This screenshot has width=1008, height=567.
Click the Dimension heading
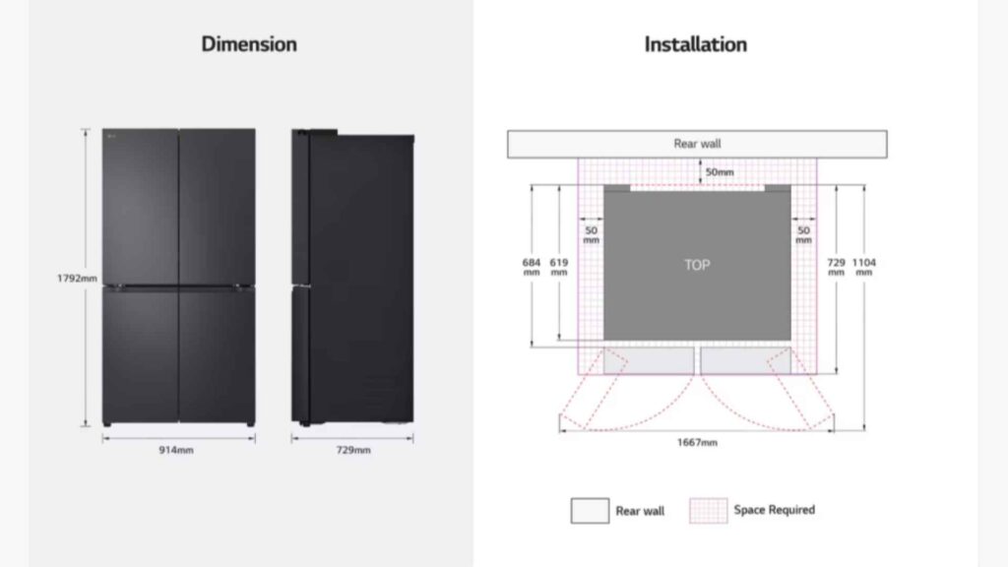click(x=249, y=44)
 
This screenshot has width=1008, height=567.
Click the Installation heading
click(x=695, y=44)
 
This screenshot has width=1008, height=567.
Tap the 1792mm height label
click(x=76, y=279)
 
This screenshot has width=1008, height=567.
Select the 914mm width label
click(x=177, y=450)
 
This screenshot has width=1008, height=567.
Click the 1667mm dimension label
click(x=697, y=442)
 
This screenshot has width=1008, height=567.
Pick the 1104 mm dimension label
click(x=863, y=267)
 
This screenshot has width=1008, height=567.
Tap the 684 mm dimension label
click(x=532, y=267)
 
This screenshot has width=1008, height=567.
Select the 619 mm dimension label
click(x=559, y=267)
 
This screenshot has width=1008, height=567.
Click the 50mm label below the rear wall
click(x=719, y=173)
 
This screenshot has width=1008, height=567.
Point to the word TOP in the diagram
click(x=697, y=265)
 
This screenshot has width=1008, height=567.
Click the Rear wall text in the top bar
click(x=697, y=144)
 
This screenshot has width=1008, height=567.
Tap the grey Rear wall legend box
click(x=590, y=511)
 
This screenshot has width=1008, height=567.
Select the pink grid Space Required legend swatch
click(x=708, y=511)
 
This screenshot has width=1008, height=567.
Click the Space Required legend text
click(x=774, y=510)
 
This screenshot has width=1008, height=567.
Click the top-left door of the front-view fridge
click(x=142, y=207)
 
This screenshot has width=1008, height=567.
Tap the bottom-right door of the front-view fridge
click(x=217, y=354)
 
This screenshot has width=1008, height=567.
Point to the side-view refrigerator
click(x=351, y=279)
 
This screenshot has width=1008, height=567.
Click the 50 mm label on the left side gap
click(x=591, y=234)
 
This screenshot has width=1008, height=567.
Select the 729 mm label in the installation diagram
click(x=836, y=267)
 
